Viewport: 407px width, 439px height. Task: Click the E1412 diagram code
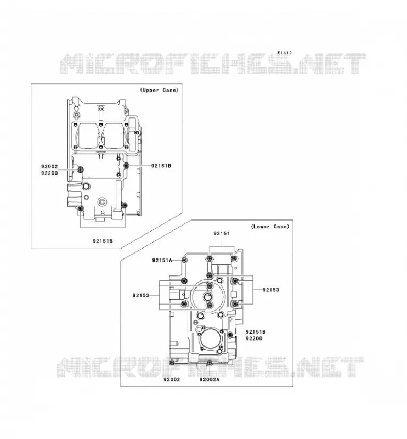click(284, 53)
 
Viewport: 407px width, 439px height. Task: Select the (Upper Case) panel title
click(159, 90)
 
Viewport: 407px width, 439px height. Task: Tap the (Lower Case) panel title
click(270, 227)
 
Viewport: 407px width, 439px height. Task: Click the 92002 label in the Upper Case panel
click(49, 167)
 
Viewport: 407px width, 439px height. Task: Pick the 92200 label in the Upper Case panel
click(49, 173)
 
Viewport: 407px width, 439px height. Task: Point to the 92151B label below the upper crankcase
click(103, 241)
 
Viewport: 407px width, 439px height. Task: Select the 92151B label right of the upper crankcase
click(161, 166)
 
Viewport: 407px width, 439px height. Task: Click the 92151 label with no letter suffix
click(222, 234)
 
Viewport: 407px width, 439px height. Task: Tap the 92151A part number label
click(162, 260)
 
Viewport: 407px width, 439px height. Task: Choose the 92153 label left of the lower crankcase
click(141, 295)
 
